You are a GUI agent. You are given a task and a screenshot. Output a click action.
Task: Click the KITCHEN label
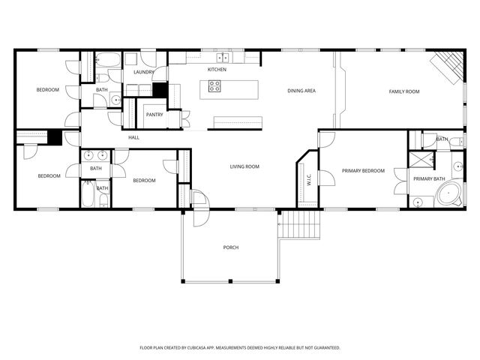pyautogui.click(x=217, y=69)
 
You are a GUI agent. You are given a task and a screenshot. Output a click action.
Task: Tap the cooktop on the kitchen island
pyautogui.click(x=214, y=86)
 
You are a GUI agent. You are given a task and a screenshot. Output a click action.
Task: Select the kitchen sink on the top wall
pyautogui.click(x=223, y=58)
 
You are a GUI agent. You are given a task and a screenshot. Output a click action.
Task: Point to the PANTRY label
pyautogui.click(x=155, y=115)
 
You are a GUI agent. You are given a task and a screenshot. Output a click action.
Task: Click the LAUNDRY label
pyautogui.click(x=143, y=72)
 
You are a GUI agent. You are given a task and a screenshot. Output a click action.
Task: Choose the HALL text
pyautogui.click(x=133, y=137)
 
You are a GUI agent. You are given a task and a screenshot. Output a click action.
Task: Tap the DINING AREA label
pyautogui.click(x=301, y=91)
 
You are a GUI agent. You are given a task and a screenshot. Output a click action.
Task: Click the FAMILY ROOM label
pyautogui.click(x=403, y=91)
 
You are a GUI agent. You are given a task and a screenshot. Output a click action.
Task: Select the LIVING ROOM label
pyautogui.click(x=244, y=166)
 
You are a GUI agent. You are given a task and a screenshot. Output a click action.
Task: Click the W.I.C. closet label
pyautogui.click(x=307, y=180)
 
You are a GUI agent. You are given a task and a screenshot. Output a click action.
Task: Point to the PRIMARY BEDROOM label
pyautogui.click(x=363, y=171)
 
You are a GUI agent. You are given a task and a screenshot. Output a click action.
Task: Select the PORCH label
pyautogui.click(x=231, y=247)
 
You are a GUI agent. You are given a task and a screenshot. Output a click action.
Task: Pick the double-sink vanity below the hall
pyautogui.click(x=95, y=156)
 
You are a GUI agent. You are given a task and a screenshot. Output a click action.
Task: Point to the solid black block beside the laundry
pyautogui.click(x=160, y=89)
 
